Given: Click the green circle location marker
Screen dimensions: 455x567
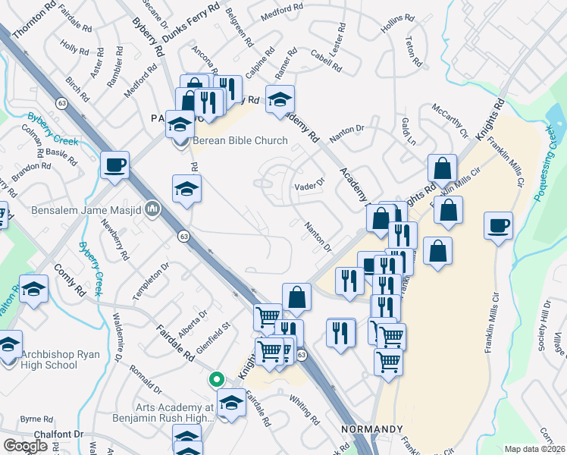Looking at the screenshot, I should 216,378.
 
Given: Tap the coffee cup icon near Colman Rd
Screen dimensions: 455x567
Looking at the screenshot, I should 114,165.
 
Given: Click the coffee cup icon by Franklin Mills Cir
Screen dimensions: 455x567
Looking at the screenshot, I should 498,226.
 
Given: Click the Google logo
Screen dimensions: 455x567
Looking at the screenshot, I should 25,446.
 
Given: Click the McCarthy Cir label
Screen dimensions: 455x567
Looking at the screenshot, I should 451,121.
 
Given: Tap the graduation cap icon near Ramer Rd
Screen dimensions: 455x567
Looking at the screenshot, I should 280,99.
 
